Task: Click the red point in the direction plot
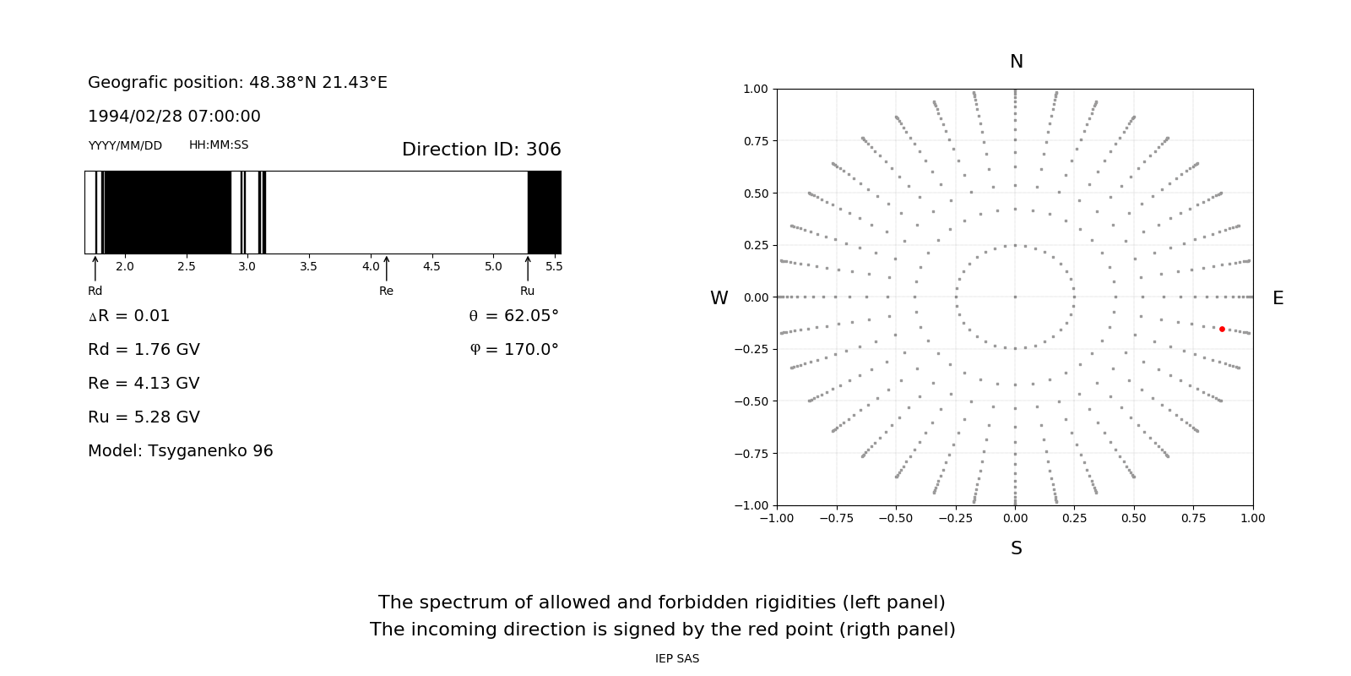tap(1222, 329)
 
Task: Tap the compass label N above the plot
tap(1017, 62)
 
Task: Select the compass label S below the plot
tap(1017, 548)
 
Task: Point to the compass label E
tap(1278, 298)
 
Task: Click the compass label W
tap(719, 298)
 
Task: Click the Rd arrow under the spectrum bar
tap(95, 268)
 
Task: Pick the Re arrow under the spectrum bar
tap(387, 268)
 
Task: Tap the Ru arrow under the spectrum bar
tap(528, 268)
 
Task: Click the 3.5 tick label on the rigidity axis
tap(309, 266)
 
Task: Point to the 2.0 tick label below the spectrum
tap(125, 266)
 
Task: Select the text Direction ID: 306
tap(481, 150)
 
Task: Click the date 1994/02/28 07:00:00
tap(174, 116)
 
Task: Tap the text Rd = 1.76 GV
tap(144, 349)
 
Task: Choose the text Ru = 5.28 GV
tap(144, 417)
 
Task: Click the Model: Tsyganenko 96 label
tap(181, 450)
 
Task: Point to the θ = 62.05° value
tap(513, 315)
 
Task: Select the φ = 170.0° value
tap(514, 349)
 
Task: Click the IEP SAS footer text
tap(677, 658)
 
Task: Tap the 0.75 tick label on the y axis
tap(755, 141)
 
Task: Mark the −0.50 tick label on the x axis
tap(896, 518)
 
